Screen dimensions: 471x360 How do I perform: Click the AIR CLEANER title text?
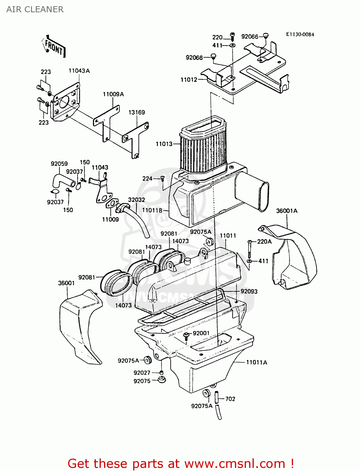pyautogui.click(x=35, y=9)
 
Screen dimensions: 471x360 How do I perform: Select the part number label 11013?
pyautogui.click(x=164, y=144)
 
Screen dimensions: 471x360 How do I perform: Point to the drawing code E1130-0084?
pyautogui.click(x=300, y=35)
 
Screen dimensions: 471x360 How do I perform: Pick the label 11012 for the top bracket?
pyautogui.click(x=189, y=80)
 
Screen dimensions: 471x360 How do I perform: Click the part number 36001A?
pyautogui.click(x=286, y=211)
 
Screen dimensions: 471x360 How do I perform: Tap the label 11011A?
pyautogui.click(x=256, y=362)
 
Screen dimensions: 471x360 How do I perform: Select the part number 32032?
pyautogui.click(x=136, y=200)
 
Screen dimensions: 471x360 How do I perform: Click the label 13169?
pyautogui.click(x=137, y=112)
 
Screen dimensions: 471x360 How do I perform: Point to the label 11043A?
pyautogui.click(x=79, y=71)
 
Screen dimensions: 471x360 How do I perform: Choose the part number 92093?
pyautogui.click(x=249, y=291)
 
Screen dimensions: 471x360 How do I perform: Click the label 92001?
pyautogui.click(x=201, y=333)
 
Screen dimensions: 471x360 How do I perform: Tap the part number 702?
pyautogui.click(x=230, y=399)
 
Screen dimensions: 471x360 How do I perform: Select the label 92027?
pyautogui.click(x=142, y=373)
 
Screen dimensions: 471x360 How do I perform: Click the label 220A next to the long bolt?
pyautogui.click(x=264, y=241)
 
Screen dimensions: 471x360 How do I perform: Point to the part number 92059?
pyautogui.click(x=59, y=164)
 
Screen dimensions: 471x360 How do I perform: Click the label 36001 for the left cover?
pyautogui.click(x=66, y=283)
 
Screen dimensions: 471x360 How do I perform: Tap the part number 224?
pyautogui.click(x=147, y=179)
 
